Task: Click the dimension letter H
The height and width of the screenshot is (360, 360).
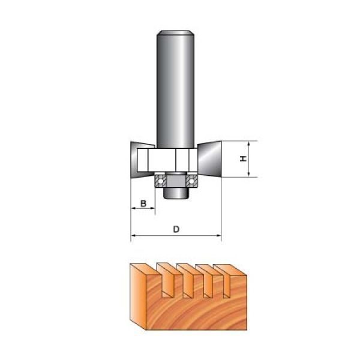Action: pos(244,158)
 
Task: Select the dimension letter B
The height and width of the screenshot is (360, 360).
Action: pos(143,203)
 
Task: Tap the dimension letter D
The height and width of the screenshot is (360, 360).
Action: pos(176,229)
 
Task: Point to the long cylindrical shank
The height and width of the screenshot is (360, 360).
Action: pos(176,89)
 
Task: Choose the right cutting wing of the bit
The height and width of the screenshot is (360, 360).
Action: pos(209,159)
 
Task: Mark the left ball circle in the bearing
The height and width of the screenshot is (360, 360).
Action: pos(160,181)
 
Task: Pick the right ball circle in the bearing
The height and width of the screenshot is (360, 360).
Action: pos(191,181)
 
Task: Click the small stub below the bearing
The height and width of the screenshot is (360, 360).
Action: pos(176,194)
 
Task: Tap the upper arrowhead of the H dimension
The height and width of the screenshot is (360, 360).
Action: pos(249,144)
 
